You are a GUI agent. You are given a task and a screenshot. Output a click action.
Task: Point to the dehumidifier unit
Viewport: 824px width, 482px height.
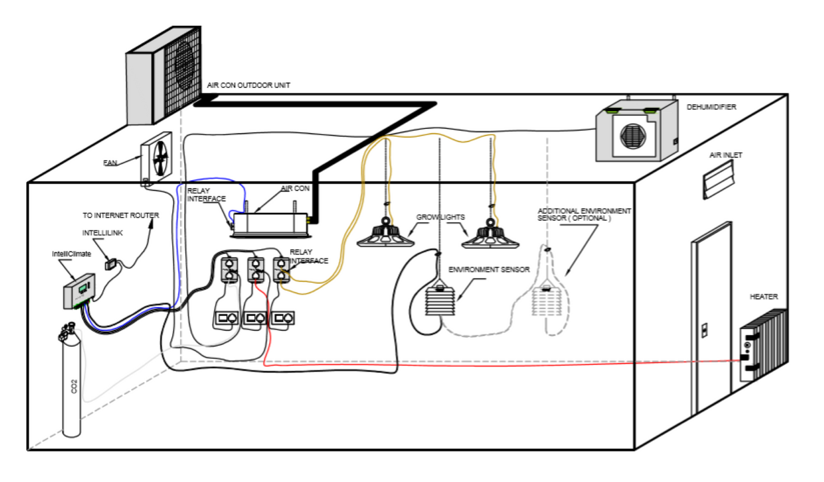636,132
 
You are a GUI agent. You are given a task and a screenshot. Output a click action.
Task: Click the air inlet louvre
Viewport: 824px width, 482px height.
719,179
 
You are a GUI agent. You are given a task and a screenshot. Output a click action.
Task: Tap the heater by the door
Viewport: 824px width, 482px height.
764,346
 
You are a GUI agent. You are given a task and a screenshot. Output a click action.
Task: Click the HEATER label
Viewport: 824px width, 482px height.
764,297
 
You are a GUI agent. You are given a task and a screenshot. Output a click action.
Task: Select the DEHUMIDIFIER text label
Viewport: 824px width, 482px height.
711,107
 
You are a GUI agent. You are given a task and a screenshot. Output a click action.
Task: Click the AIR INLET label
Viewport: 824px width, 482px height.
725,155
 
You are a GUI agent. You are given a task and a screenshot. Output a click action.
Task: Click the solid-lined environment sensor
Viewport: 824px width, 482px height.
440,299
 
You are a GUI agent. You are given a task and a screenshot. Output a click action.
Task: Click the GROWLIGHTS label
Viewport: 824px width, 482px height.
440,217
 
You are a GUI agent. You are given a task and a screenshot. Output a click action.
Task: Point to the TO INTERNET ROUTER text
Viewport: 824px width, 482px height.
120,216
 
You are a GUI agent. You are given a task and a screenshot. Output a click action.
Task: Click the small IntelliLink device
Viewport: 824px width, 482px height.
111,264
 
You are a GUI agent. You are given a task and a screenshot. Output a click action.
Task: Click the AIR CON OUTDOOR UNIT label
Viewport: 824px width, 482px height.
248,85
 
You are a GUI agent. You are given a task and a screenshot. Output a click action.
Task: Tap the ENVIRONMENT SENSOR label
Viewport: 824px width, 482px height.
489,269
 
